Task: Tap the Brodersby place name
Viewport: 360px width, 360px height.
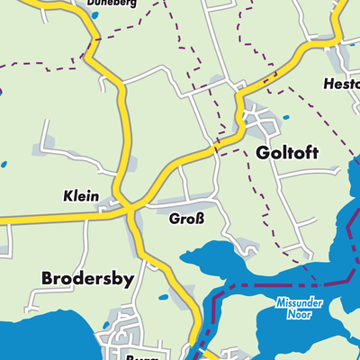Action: tap(87, 279)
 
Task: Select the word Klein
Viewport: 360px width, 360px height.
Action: tap(81, 194)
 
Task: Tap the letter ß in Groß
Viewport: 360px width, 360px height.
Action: tap(201, 218)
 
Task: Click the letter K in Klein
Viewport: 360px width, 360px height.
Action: tap(68, 194)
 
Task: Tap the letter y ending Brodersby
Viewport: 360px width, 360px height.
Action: tap(129, 281)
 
